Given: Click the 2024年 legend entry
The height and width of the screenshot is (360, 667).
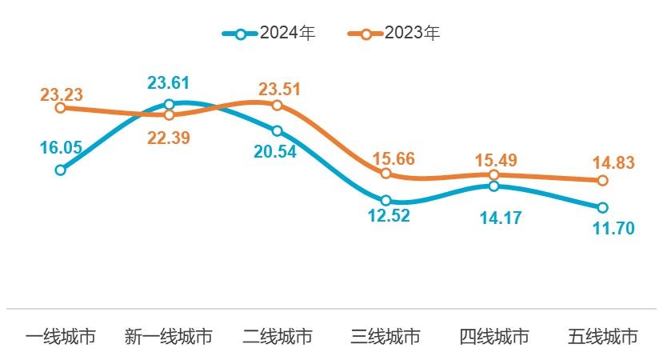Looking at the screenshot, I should click(x=270, y=34).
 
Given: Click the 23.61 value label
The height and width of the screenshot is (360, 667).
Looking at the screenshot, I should click(x=169, y=83).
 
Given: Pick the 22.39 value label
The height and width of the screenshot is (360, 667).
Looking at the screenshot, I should click(x=169, y=138).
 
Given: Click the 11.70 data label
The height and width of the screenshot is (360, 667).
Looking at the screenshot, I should click(x=613, y=229).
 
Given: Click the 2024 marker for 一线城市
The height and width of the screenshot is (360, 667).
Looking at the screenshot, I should click(x=60, y=170).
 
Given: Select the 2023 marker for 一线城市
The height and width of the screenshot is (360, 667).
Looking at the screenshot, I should click(x=60, y=107).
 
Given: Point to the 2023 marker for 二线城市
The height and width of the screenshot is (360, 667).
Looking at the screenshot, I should click(x=277, y=105).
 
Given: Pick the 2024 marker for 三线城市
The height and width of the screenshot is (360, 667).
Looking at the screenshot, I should click(x=385, y=200).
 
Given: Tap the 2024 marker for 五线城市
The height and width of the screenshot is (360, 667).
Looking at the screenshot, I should click(x=602, y=207).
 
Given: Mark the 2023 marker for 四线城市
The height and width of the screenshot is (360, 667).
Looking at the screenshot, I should click(x=493, y=174).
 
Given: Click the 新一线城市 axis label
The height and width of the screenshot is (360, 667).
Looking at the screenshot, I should click(x=169, y=337).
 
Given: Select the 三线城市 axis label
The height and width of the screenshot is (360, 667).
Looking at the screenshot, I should click(x=385, y=337).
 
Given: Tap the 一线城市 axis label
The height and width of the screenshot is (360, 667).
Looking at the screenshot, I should click(x=60, y=337).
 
